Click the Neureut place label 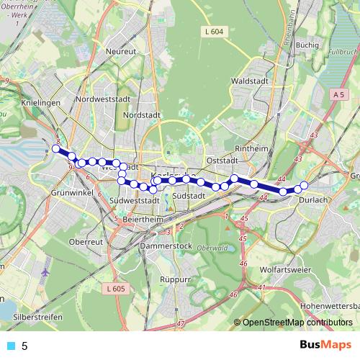point(120,52)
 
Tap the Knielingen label point(20,104)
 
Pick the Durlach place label point(312,201)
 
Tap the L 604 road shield point(213,31)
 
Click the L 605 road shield point(114,289)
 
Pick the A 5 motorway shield point(339,94)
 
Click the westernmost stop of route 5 point(55,149)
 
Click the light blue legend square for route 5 point(9,346)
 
